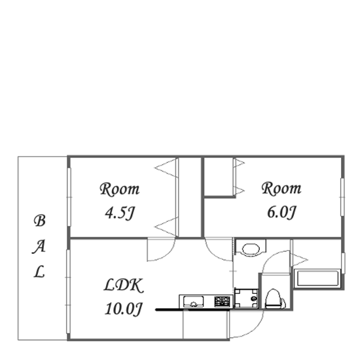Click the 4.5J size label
119,213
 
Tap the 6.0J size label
281,212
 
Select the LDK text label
124,285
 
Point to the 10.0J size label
124,309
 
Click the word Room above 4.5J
119,189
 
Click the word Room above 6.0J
281,189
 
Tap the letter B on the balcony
39,221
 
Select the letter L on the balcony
39,272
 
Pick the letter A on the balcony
39,247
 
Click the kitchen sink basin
193,302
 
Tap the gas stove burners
223,302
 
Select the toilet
274,298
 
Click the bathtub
318,278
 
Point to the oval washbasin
251,249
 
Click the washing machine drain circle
253,298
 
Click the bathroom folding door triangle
300,260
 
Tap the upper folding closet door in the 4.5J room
166,168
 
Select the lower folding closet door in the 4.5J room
166,226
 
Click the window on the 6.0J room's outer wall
342,197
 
